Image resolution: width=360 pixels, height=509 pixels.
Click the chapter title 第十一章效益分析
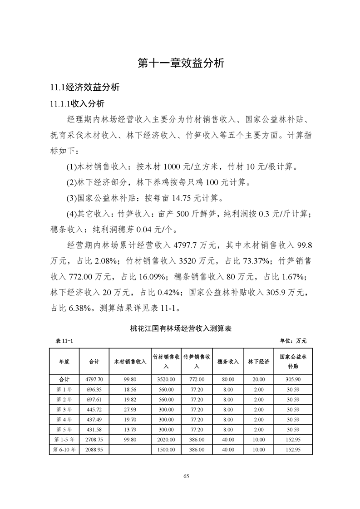pos(180,63)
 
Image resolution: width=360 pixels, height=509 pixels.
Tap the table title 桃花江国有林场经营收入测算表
pos(180,328)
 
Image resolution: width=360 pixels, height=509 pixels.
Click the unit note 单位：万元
pos(293,340)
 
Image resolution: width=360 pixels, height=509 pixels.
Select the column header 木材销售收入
pos(130,362)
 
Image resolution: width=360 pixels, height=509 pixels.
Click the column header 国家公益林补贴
pos(293,362)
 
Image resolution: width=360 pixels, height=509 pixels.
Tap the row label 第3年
pos(64,409)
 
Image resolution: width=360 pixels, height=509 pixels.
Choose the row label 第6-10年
pos(64,449)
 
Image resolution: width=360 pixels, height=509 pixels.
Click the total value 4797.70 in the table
pos(94,379)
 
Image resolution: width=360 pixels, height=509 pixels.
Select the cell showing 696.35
pos(94,389)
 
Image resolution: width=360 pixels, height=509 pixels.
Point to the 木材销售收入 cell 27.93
pos(130,409)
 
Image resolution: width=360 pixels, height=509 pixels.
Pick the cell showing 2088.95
pos(94,449)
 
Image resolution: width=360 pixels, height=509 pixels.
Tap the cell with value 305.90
pos(293,379)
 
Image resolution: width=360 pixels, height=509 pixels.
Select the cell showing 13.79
pos(130,429)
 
